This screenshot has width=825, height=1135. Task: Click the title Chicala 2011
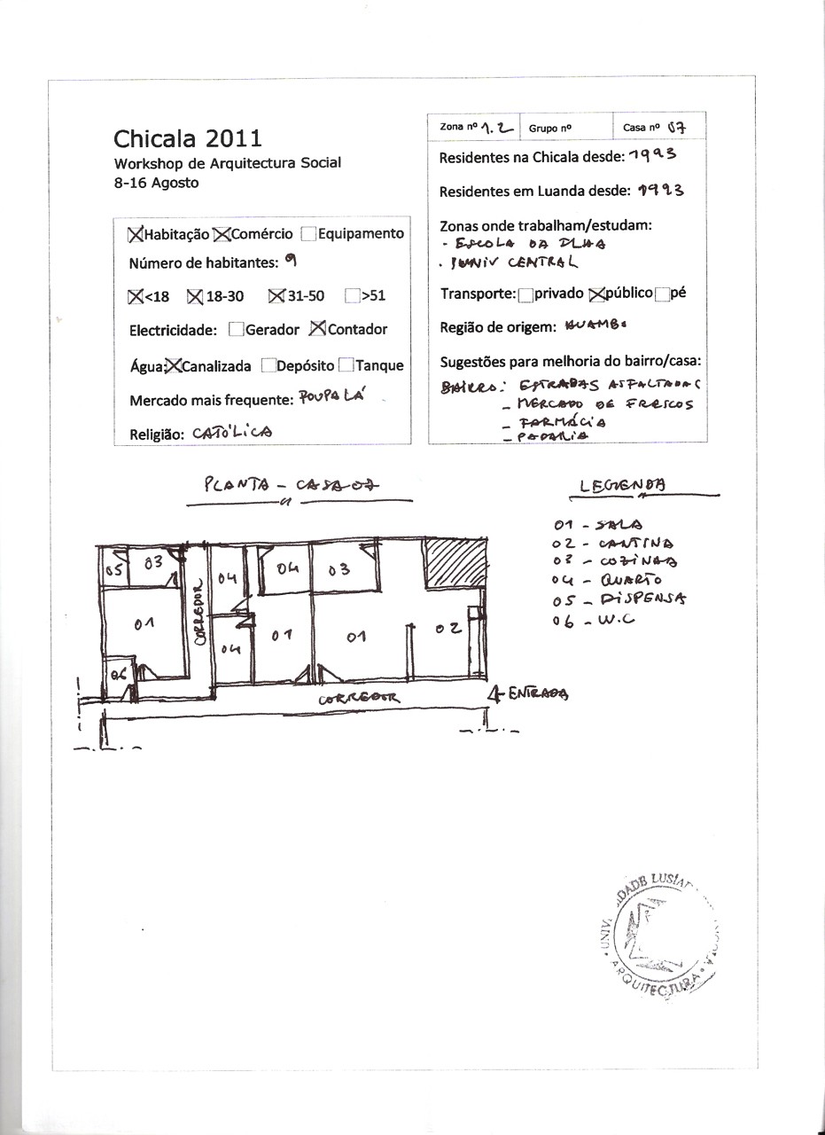[x=187, y=138]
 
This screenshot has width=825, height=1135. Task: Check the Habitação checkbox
[x=136, y=234]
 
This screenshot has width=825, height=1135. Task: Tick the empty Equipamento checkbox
[x=307, y=234]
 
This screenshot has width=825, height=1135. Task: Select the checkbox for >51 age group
[x=352, y=296]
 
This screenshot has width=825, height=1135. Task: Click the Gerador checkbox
[x=236, y=330]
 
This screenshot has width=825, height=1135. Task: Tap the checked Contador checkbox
[x=317, y=329]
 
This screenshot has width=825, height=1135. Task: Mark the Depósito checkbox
[x=269, y=365]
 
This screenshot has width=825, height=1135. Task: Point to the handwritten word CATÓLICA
[x=232, y=433]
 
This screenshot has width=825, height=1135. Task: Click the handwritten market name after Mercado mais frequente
[x=327, y=398]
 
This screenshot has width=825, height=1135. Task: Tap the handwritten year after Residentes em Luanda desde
[x=659, y=190]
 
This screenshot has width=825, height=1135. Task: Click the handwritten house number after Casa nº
[x=677, y=128]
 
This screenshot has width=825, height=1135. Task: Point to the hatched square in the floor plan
[x=455, y=562]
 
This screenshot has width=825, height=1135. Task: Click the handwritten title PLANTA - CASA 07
[x=291, y=485]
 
